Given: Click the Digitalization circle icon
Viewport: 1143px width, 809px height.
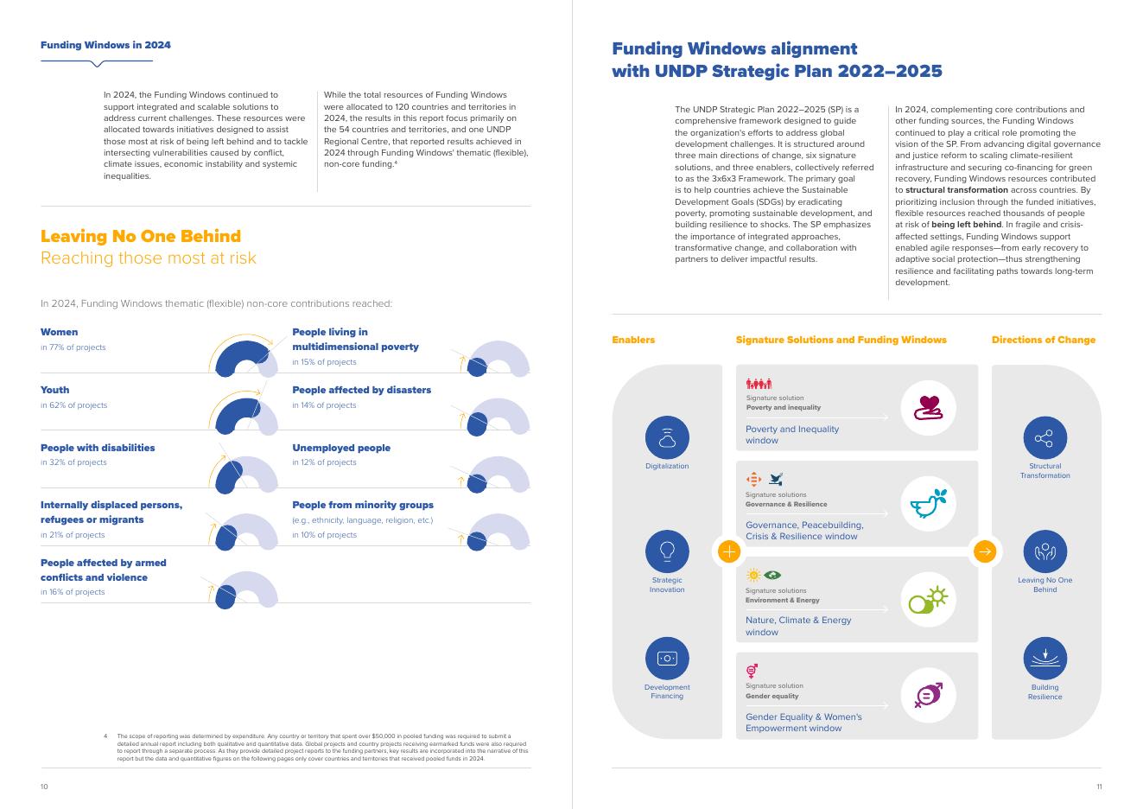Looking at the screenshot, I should pos(667,437).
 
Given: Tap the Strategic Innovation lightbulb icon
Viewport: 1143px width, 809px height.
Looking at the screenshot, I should pos(667,551).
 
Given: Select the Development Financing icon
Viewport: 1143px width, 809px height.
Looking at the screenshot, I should pos(667,659).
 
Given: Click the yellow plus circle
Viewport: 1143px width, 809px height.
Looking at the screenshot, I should pos(729,551).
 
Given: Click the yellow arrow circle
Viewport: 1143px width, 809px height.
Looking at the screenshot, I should pos(984,551).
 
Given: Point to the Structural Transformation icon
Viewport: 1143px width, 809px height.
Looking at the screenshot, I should pos(1045,437).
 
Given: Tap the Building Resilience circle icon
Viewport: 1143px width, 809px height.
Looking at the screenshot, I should pos(1045,659).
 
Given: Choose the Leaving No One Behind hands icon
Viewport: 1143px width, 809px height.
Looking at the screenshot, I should pos(1045,551).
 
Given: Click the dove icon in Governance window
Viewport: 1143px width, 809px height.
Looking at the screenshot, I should pos(928,503).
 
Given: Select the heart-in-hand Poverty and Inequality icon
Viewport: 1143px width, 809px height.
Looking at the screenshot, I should pos(928,407).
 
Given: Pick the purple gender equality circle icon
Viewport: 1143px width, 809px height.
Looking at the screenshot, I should pos(928,695).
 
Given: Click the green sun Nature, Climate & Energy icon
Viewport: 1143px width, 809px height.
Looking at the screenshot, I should pos(928,599).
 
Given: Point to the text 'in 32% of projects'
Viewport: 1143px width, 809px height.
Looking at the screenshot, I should pos(73,462).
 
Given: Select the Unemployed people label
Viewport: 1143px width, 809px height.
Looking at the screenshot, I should pos(341,448).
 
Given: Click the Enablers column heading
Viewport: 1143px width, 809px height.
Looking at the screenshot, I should pos(633,340).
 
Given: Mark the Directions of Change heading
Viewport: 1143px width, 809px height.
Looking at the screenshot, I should pos(1043,340).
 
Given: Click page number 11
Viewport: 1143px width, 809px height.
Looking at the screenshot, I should pos(1099,787).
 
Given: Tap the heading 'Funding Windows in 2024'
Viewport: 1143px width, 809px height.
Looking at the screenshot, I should pos(105,45).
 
